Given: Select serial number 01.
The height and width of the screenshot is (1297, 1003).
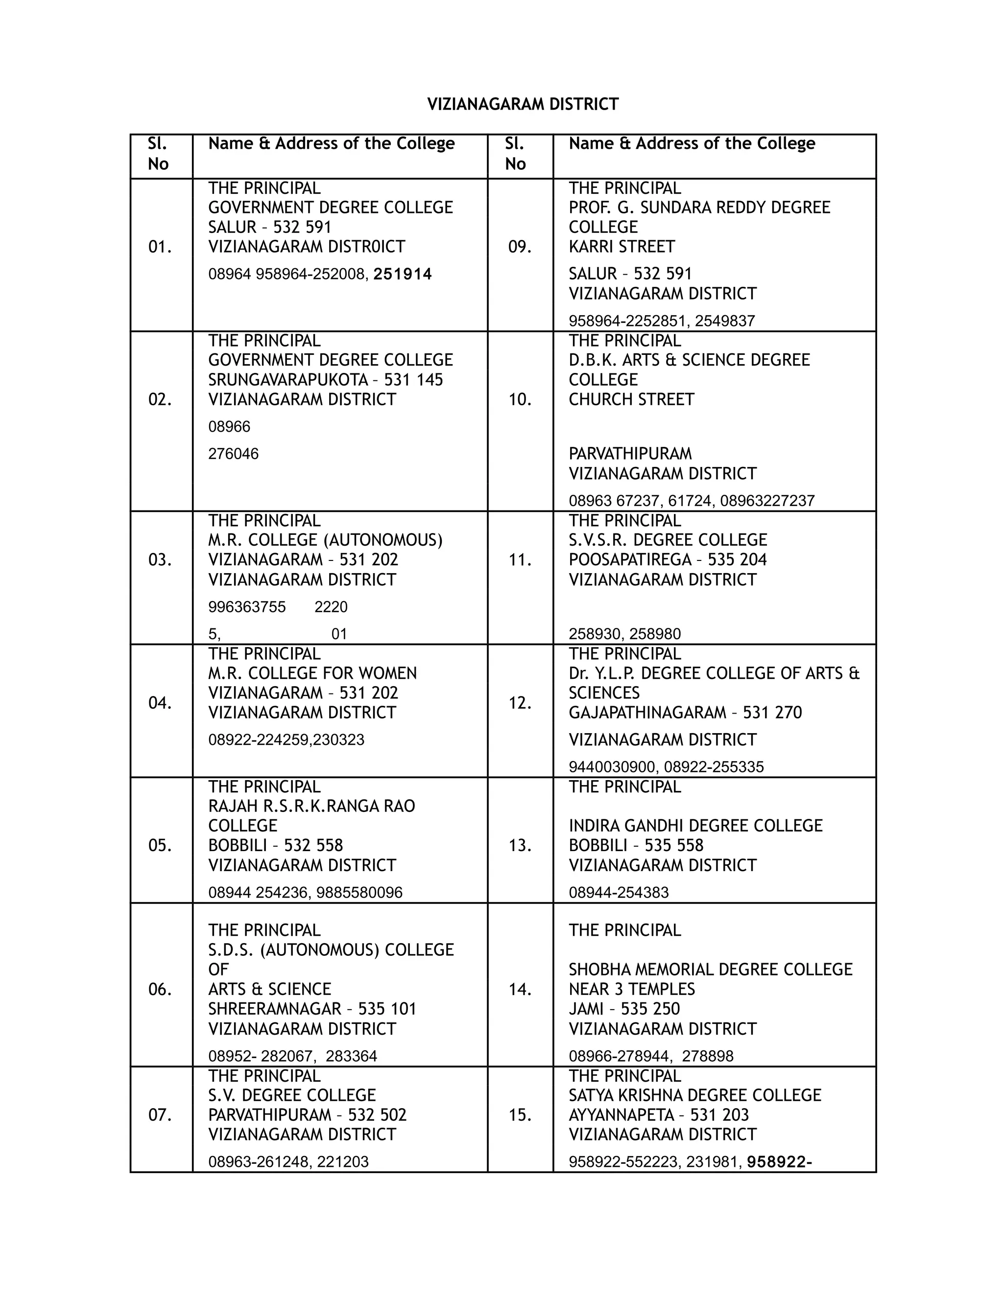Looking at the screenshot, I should [160, 247].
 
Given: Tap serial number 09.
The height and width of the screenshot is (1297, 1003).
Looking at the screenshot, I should [520, 247].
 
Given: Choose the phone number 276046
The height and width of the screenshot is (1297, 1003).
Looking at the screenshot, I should [233, 454].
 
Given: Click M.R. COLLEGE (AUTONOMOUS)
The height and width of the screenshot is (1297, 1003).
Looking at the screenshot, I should [325, 540].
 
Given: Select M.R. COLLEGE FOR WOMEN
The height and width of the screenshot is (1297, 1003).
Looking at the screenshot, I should [312, 673].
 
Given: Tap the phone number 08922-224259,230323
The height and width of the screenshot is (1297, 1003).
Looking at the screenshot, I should [286, 740].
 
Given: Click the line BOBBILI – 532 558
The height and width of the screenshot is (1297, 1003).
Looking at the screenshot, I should [275, 846].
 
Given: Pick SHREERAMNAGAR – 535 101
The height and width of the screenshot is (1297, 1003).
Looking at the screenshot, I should [312, 1009].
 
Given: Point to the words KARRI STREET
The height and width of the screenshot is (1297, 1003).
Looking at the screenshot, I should [621, 247].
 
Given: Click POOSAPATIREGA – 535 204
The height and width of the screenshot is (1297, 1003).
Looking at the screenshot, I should [668, 560].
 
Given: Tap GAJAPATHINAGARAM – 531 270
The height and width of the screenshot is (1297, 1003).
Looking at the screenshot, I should [685, 713].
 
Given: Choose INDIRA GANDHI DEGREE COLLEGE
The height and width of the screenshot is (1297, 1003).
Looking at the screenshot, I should [695, 826].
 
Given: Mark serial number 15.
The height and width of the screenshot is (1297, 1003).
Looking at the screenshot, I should [520, 1115].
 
